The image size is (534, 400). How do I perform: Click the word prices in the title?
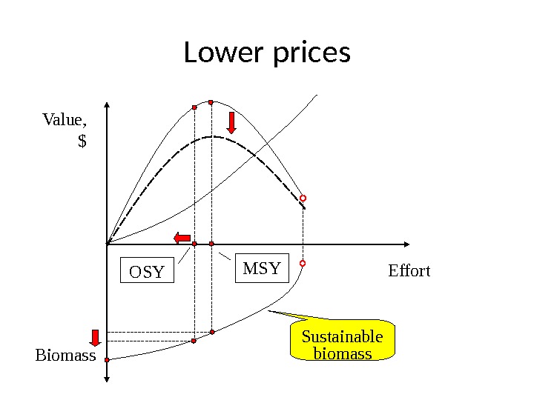(x=311, y=55)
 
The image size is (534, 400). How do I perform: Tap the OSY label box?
(x=146, y=272)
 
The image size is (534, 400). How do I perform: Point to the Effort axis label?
(x=409, y=271)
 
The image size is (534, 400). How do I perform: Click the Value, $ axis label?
(x=65, y=129)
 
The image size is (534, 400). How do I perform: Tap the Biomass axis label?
(x=66, y=356)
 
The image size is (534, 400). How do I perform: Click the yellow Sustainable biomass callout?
(x=343, y=344)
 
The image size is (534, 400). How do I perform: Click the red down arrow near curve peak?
(x=232, y=123)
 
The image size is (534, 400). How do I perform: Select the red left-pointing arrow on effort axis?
(x=181, y=237)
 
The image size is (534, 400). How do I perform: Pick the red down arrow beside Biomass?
(x=96, y=338)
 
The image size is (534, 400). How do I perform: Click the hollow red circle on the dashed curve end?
(x=303, y=199)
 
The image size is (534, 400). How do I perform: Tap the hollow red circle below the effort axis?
(x=303, y=264)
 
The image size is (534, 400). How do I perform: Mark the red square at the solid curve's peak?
(x=211, y=102)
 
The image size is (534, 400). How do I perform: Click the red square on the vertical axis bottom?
(x=107, y=359)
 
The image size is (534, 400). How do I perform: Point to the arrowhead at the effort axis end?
(x=406, y=244)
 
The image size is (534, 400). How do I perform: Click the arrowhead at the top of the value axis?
(x=108, y=104)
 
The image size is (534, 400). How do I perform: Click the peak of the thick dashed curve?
(x=213, y=136)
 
